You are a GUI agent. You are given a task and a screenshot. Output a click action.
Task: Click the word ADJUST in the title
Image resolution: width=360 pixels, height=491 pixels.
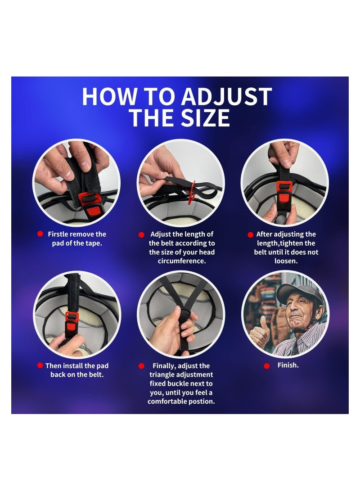click(227, 96)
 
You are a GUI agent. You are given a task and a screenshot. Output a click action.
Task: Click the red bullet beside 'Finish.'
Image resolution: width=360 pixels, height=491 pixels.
click(267, 366)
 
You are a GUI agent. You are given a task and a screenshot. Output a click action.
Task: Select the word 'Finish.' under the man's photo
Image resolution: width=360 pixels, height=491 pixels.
click(288, 365)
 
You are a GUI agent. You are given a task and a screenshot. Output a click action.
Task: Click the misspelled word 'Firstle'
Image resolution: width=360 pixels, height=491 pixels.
click(58, 234)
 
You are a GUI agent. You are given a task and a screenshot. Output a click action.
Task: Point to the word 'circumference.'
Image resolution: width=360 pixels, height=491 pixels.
click(182, 261)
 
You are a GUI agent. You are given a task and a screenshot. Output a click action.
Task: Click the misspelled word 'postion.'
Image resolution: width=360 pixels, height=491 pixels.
click(201, 401)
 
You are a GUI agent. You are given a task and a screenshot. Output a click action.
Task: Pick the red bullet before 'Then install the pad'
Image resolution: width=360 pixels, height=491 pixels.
click(40, 365)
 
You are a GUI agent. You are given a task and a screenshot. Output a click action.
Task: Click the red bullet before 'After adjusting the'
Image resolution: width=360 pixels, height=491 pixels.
click(251, 234)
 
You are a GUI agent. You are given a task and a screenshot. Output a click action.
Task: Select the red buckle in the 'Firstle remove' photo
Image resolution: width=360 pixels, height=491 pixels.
click(90, 203)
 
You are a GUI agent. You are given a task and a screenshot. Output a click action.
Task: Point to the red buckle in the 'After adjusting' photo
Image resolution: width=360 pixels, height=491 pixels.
click(284, 194)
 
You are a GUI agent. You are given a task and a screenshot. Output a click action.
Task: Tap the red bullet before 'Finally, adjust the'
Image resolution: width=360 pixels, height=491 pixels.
click(141, 366)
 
